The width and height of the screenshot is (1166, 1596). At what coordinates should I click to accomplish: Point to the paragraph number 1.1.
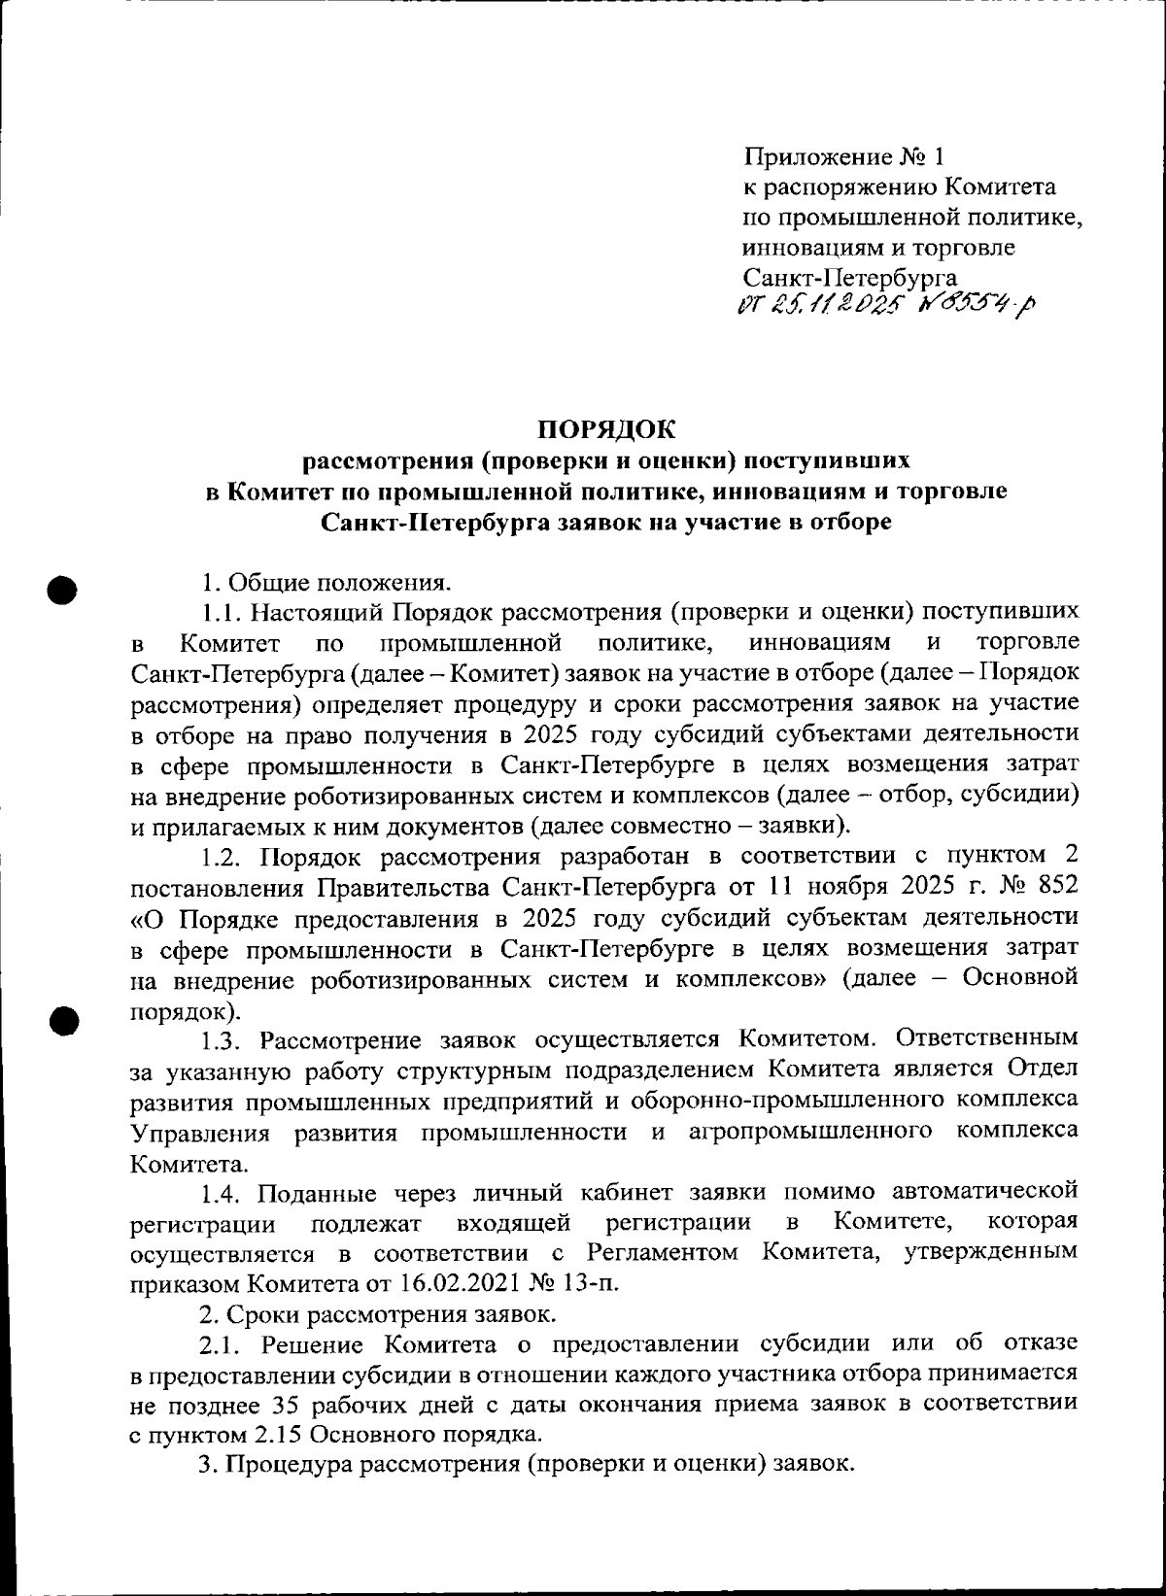tap(222, 612)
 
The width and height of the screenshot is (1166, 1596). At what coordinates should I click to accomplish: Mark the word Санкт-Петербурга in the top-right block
tap(850, 278)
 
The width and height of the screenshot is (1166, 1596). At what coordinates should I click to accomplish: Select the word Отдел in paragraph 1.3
tap(1043, 1070)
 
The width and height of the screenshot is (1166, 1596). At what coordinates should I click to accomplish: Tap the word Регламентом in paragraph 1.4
tap(667, 1252)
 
